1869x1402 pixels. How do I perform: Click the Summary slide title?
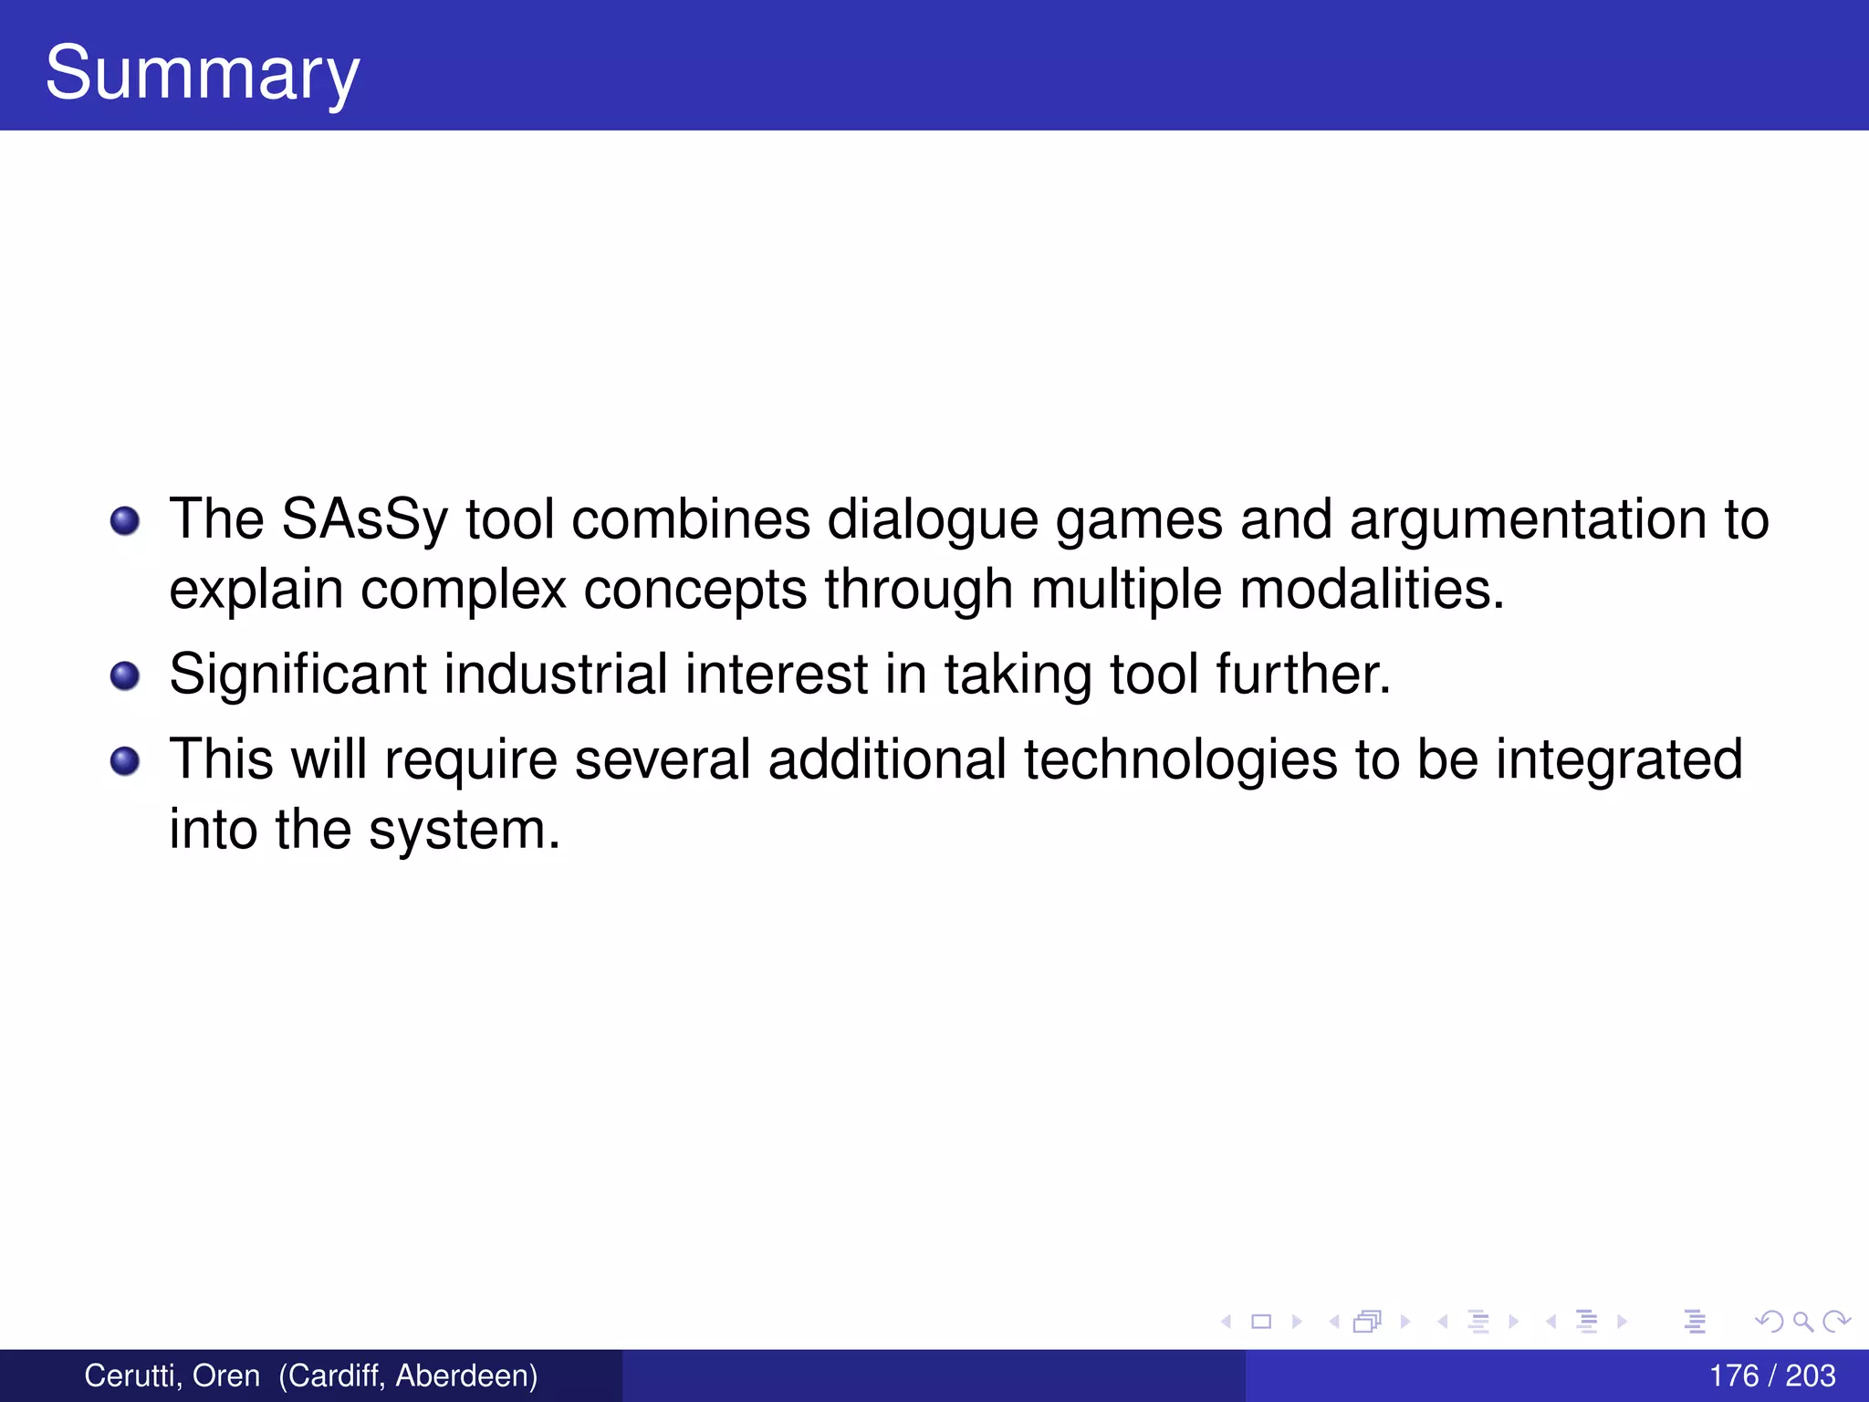coord(202,73)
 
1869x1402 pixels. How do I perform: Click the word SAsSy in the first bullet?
coord(364,520)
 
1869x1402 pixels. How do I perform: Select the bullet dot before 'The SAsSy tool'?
coord(124,521)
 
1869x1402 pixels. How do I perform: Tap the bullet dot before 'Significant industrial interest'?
coord(124,676)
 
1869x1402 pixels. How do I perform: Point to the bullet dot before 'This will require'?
coord(124,760)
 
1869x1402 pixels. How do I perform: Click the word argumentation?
coord(1528,520)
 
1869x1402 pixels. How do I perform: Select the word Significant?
coord(298,675)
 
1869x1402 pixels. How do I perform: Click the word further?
coord(1303,675)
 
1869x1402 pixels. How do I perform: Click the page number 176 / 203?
coord(1771,1376)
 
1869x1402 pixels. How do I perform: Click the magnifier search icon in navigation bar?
coord(1802,1321)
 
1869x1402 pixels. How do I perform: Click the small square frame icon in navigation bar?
coord(1261,1321)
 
